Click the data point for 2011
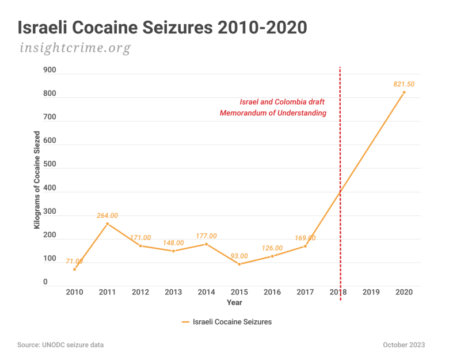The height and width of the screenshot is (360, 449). click(x=108, y=224)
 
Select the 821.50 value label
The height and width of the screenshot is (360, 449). click(x=404, y=84)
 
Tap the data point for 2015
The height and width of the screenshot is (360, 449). click(x=239, y=264)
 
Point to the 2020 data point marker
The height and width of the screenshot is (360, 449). click(x=404, y=92)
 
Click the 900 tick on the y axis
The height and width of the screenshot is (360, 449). click(x=50, y=70)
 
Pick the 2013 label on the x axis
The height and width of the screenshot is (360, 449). click(x=173, y=292)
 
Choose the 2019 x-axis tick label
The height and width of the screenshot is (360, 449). click(x=371, y=292)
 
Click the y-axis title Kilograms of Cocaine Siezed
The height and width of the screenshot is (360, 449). click(x=37, y=180)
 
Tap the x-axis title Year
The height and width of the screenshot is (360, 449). click(x=234, y=302)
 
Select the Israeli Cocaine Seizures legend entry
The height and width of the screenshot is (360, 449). click(x=227, y=322)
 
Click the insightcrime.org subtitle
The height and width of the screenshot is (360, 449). click(x=75, y=48)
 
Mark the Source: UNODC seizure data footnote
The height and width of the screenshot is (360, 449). click(x=60, y=345)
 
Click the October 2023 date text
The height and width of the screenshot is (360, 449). click(x=404, y=345)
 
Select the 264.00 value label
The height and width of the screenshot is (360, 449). click(x=107, y=215)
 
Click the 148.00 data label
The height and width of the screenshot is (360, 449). click(x=173, y=242)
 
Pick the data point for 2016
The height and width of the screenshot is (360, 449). click(x=272, y=256)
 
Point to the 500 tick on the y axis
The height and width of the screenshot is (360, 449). click(x=50, y=164)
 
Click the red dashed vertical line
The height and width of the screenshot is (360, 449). click(x=340, y=184)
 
